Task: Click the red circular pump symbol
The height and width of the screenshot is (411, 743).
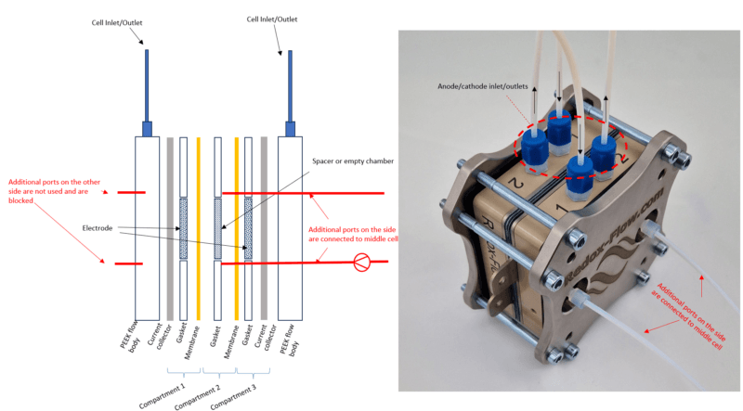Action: coord(356,263)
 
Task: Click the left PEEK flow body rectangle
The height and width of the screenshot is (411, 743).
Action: coord(148,227)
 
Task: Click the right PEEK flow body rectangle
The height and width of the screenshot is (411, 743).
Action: coord(291,227)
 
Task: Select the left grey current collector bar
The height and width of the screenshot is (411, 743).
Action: coord(169,227)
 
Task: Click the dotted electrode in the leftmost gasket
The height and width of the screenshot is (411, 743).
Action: coord(183,227)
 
